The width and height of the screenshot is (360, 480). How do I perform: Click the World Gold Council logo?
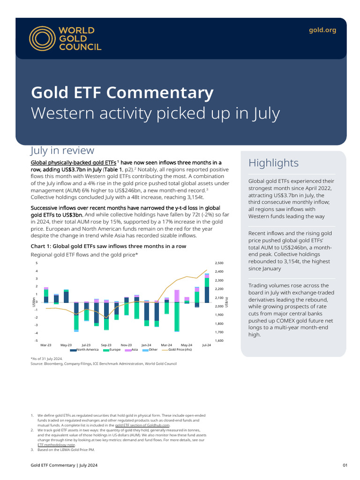click(65, 38)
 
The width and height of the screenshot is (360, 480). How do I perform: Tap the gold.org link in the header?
click(322, 30)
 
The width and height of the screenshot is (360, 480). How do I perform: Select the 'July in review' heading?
click(62, 150)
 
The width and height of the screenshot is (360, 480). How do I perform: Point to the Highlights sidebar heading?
click(273, 163)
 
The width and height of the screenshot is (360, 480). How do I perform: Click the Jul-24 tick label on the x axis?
click(206, 345)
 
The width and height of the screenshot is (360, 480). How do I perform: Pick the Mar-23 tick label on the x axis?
click(46, 345)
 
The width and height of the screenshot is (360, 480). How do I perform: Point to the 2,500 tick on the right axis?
click(219, 263)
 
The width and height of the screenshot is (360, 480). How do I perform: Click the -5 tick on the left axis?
click(36, 340)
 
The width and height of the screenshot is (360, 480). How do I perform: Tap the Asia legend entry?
click(131, 350)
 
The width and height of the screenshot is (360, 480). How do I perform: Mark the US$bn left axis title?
click(34, 302)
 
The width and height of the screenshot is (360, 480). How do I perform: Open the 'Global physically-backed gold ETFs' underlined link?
click(73, 163)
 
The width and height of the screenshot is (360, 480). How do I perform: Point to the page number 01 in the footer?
click(345, 465)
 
